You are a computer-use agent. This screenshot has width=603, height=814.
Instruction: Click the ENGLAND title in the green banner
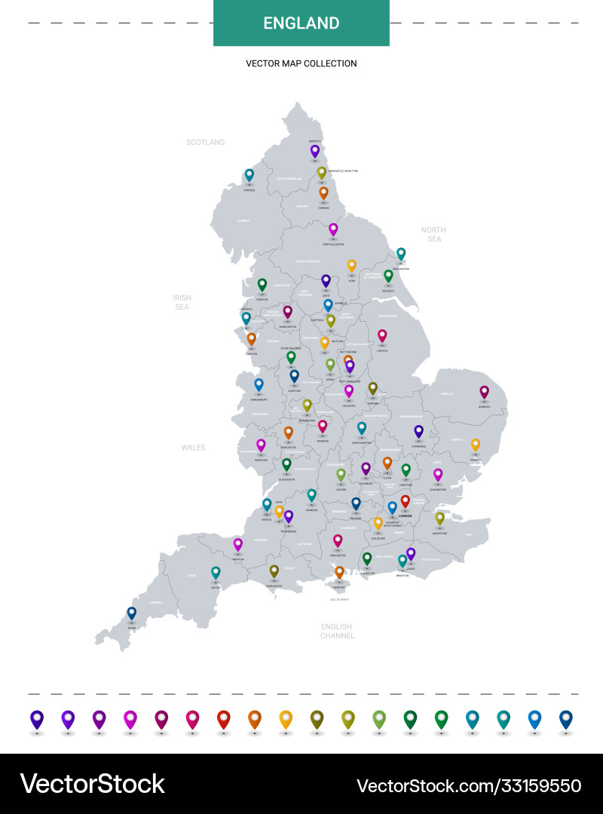tap(301, 23)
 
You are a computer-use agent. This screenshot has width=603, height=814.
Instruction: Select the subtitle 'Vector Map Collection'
tap(301, 63)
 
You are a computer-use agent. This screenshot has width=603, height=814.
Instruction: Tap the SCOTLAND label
tap(206, 142)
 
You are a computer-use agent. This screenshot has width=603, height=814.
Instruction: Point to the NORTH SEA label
tap(433, 234)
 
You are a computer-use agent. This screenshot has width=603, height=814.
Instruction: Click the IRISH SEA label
tap(182, 302)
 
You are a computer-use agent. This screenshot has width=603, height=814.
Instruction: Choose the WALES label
tap(193, 448)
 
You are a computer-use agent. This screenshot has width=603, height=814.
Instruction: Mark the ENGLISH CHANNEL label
tap(337, 631)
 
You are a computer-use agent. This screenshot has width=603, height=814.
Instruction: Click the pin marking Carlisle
tap(249, 175)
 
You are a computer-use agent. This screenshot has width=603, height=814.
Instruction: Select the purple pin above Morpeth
tap(315, 151)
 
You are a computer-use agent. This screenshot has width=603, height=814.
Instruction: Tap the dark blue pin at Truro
tap(132, 613)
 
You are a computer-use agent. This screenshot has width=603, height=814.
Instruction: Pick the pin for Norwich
tap(484, 392)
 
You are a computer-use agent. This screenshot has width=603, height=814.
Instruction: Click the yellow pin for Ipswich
tap(476, 445)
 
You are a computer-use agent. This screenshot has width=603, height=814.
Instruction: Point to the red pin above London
tap(405, 500)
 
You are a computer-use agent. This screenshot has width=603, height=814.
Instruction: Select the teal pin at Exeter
tap(216, 573)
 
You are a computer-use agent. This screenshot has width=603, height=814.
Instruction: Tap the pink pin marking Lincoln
tap(382, 335)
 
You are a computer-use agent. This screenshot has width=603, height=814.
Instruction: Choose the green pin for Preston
tap(262, 284)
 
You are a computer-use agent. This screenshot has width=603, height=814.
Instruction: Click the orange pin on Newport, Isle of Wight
tap(339, 572)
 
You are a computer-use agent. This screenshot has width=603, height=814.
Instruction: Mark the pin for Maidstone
tap(439, 518)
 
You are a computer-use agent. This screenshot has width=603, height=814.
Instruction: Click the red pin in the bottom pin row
tap(223, 718)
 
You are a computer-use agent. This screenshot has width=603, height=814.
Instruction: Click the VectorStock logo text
tap(93, 784)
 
